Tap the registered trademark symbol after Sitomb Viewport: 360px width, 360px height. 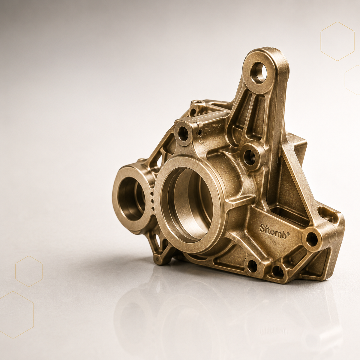click(x=288, y=234)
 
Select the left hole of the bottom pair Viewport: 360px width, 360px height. click(x=252, y=266)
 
